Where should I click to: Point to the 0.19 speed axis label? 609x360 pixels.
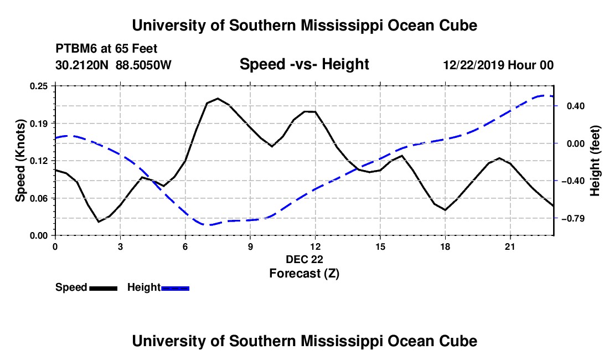(x=38, y=124)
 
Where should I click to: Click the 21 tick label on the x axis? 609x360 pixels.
(x=510, y=246)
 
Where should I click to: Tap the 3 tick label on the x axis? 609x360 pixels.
(x=120, y=246)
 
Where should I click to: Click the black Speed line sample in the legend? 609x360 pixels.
(x=104, y=289)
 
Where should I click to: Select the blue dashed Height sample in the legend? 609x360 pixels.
(x=175, y=289)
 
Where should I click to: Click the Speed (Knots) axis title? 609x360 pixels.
(x=20, y=161)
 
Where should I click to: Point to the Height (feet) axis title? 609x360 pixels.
(x=595, y=161)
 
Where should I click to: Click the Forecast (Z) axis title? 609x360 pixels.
(x=304, y=274)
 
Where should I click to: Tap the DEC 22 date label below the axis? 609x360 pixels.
(x=304, y=259)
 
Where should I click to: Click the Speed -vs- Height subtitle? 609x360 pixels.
(x=304, y=64)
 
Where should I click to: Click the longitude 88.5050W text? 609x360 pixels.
(x=143, y=65)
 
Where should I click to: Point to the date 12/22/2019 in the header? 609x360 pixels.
(x=473, y=65)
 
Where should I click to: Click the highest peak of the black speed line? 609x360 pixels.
(x=218, y=98)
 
